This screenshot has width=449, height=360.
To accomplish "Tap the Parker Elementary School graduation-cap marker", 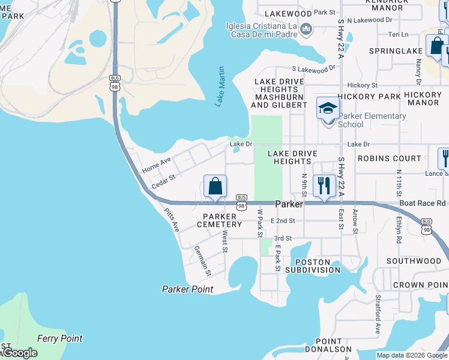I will (328, 109).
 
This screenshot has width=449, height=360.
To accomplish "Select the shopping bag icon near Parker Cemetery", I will (215, 186).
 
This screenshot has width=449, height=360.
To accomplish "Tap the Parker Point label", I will (187, 289).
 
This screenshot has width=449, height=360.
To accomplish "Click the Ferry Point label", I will (59, 338).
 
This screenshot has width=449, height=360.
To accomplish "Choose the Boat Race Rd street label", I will (423, 203).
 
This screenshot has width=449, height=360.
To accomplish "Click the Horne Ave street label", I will (157, 166).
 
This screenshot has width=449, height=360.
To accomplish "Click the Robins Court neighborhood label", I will (390, 158).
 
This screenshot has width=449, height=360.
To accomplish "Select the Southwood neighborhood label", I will (414, 261).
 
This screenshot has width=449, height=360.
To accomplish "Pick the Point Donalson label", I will (328, 345).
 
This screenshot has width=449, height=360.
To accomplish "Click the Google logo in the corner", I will (19, 353).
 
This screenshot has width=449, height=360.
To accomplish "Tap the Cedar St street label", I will (163, 181).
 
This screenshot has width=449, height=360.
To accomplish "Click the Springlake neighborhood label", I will (396, 51).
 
